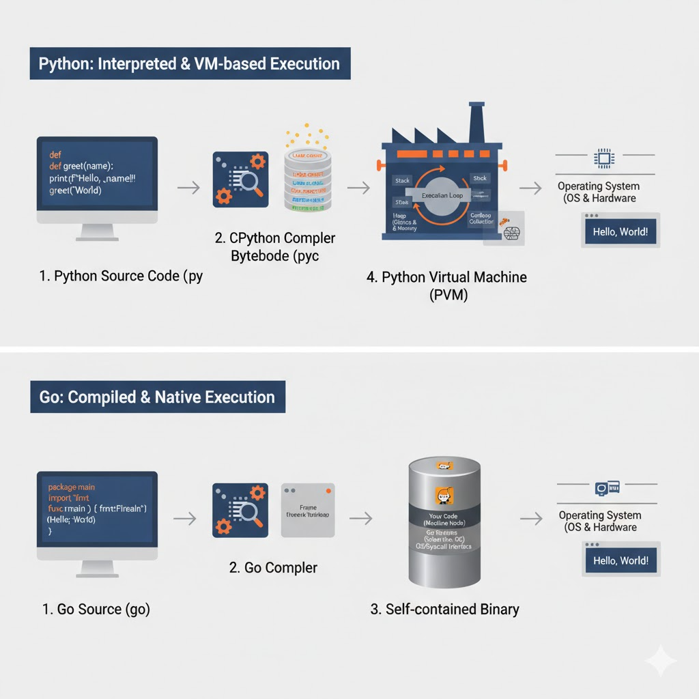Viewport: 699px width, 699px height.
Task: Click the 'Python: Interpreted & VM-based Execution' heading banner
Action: click(x=190, y=64)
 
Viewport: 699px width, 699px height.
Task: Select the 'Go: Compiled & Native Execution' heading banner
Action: click(x=158, y=397)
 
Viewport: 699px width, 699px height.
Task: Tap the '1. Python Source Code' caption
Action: click(x=121, y=276)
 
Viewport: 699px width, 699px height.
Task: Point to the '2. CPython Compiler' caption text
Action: click(x=275, y=238)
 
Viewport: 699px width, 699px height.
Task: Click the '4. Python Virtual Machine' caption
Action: click(x=446, y=278)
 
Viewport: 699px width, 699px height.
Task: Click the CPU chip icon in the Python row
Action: click(x=603, y=159)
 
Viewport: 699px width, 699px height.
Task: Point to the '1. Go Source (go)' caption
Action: click(x=96, y=609)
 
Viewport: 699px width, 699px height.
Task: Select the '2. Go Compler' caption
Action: click(x=273, y=567)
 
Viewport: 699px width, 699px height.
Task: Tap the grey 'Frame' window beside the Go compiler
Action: click(x=308, y=510)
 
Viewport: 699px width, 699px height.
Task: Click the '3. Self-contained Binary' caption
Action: click(x=444, y=609)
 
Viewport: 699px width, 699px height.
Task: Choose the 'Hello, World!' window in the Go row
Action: click(x=620, y=560)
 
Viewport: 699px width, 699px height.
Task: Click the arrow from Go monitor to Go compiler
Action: click(x=184, y=519)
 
